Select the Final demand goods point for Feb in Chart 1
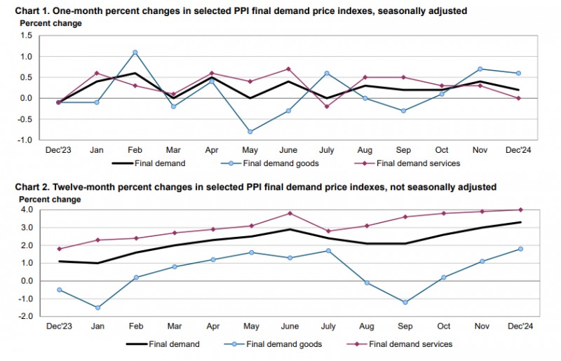tap(135, 52)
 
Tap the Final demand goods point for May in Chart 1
tap(250, 131)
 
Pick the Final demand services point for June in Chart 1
tap(288, 69)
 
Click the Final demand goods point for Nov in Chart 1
tap(480, 69)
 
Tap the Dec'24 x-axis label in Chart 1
tap(518, 150)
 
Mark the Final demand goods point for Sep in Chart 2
tap(403, 302)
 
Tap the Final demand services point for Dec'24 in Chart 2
tap(519, 210)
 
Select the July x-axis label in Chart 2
tap(327, 327)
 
